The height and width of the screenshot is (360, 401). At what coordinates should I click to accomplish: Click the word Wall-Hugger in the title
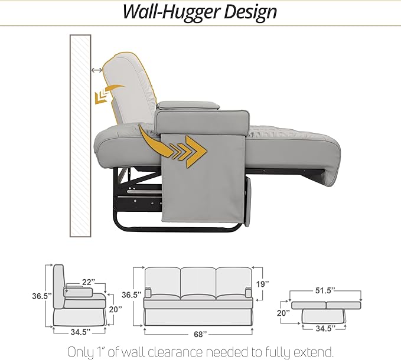[171, 12]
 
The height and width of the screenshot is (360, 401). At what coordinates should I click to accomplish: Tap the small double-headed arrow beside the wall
[97, 70]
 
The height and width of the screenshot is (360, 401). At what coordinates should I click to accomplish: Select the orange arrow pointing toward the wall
[107, 94]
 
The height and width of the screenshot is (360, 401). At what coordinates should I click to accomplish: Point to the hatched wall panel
[80, 136]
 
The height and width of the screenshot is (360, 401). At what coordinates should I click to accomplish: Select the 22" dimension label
[89, 282]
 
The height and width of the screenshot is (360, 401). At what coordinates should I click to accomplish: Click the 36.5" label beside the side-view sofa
[42, 296]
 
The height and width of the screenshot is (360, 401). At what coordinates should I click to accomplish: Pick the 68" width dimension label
[200, 334]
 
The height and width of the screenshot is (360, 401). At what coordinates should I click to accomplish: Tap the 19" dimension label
[263, 284]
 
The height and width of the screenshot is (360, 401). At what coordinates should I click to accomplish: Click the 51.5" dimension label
[325, 290]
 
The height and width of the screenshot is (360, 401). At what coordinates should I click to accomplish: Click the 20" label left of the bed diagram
[283, 312]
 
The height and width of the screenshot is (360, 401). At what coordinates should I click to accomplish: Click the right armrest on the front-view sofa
[249, 292]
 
